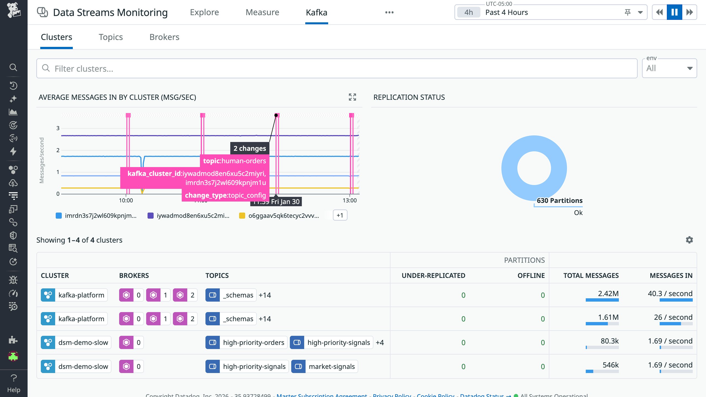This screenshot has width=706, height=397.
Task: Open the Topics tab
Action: (111, 37)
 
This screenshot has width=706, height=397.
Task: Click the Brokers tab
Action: (164, 37)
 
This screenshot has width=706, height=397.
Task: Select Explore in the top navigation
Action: (204, 12)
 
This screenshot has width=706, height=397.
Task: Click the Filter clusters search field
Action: (336, 68)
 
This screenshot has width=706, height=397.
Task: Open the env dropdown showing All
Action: (669, 68)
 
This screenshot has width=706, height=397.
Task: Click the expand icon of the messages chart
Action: (352, 97)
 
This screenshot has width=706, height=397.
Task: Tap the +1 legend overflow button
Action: (340, 215)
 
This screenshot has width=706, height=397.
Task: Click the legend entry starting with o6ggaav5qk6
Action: (283, 216)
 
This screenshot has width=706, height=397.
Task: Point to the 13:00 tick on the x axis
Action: (349, 200)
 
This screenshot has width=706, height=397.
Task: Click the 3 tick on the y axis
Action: (58, 128)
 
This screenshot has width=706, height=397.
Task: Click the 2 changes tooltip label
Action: (250, 148)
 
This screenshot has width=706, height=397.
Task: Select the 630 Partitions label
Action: (559, 200)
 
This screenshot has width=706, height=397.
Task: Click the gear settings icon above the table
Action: (689, 240)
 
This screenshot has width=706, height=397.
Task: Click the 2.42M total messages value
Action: (608, 294)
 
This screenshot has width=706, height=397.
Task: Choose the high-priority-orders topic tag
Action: (253, 342)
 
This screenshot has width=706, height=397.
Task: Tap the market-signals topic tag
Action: (331, 366)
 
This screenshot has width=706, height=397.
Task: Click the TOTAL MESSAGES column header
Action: (591, 275)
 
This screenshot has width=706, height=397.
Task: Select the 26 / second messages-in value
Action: (673, 317)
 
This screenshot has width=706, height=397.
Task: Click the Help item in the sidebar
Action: (14, 383)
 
